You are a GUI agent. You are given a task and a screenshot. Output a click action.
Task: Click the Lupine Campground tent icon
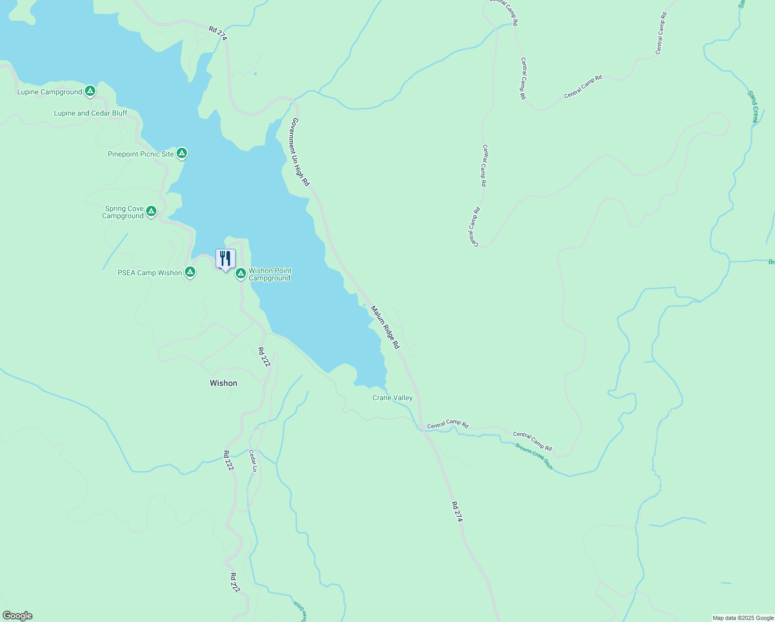[x=90, y=91]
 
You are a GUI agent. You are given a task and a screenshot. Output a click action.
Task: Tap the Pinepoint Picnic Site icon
[x=181, y=153]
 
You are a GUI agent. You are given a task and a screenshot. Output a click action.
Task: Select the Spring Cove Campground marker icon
[x=151, y=211]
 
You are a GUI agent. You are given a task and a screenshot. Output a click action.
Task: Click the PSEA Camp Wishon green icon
[x=190, y=272]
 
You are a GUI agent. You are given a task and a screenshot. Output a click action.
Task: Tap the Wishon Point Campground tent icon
[x=240, y=273]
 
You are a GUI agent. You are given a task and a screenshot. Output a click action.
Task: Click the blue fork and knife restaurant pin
[x=225, y=259]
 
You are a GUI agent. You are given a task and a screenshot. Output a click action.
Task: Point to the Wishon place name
[x=223, y=383]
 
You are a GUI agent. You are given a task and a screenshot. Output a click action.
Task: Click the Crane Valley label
[x=393, y=398]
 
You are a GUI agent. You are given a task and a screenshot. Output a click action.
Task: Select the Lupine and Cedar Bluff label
[x=91, y=113]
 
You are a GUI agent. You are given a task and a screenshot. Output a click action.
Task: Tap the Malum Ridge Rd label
[x=385, y=327]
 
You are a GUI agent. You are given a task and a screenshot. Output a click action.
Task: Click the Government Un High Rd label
[x=300, y=152]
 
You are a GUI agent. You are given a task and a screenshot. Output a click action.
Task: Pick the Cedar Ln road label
[x=253, y=460]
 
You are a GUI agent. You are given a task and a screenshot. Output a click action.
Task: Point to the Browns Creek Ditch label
[x=534, y=456]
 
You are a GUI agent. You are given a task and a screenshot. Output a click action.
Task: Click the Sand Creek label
[x=753, y=107]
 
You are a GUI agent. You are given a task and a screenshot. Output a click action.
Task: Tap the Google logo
[x=18, y=615]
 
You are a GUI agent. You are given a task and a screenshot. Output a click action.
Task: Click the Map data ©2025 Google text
[x=742, y=618]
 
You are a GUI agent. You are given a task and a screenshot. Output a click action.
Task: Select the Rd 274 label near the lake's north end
[x=218, y=33]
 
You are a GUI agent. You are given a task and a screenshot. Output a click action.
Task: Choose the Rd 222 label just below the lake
[x=264, y=357]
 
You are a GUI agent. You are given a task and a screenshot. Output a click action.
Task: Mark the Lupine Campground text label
[x=49, y=92]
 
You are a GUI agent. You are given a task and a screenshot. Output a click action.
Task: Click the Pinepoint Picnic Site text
[x=141, y=154]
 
